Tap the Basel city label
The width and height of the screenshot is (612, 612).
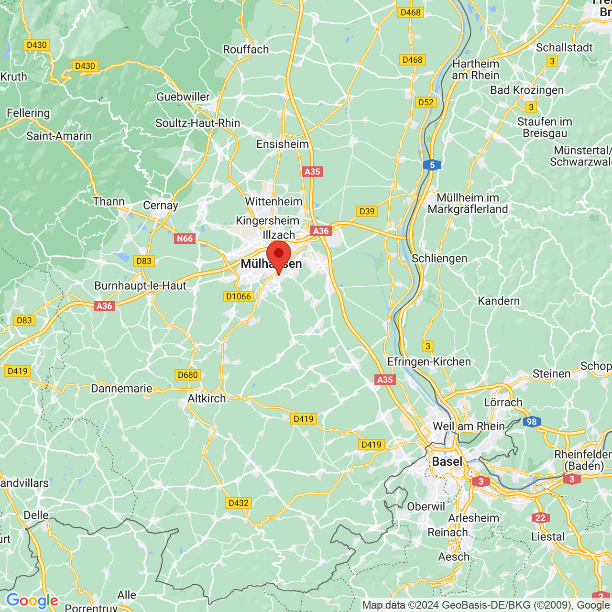pos(447,461)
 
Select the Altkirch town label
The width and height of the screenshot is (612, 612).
pos(207,398)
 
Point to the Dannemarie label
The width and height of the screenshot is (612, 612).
pos(121,388)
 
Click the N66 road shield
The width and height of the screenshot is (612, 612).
pos(185,239)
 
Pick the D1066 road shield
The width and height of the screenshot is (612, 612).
pos(238,296)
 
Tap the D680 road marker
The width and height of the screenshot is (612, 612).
pos(187,375)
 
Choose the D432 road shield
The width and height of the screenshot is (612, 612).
pos(238,503)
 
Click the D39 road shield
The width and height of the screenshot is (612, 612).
pos(367,211)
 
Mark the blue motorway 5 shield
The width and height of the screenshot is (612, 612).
pos(432,165)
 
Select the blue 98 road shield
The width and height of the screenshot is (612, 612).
pos(532,422)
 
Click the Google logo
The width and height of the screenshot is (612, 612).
pos(32,601)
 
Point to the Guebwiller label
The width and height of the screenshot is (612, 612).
pos(183,97)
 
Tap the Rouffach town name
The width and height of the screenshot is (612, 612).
pos(246,49)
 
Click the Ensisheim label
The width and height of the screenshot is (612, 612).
pos(283,144)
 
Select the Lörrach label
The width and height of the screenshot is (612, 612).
pos(503,402)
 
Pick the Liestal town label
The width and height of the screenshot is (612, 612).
pos(548,536)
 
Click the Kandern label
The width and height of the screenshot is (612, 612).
pos(499,301)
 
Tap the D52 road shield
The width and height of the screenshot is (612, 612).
pos(426,102)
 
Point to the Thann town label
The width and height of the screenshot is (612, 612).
pos(109,201)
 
